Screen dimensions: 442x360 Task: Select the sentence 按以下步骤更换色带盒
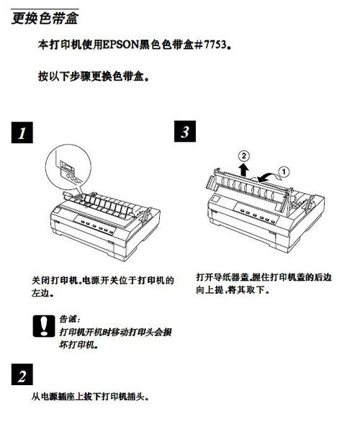93,76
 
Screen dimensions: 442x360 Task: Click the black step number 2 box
22,375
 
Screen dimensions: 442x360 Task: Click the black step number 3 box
186,132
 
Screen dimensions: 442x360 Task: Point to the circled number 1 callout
284,171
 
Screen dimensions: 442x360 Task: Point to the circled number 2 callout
245,155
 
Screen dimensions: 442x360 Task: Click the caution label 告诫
71,318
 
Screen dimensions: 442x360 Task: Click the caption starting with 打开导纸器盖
264,283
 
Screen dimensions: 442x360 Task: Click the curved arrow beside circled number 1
267,173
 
